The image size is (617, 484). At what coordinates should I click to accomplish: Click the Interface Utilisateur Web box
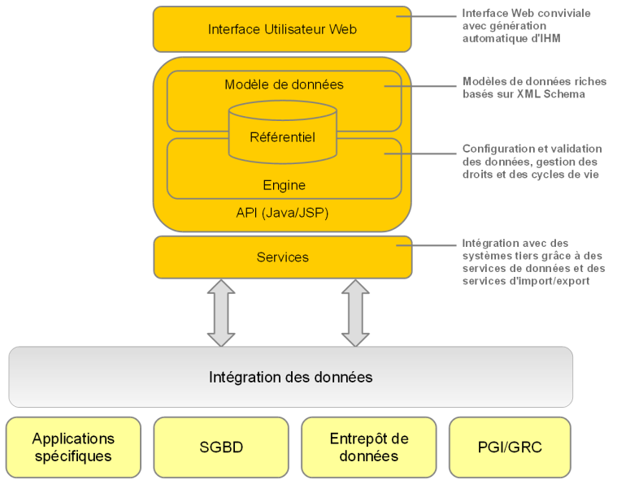[282, 29]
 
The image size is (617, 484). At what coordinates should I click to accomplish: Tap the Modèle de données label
[284, 84]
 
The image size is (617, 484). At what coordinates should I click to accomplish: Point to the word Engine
[284, 185]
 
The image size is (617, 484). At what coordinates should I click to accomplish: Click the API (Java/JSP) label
[282, 213]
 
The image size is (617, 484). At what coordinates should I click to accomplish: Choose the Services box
[282, 257]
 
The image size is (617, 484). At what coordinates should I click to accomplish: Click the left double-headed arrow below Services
[221, 313]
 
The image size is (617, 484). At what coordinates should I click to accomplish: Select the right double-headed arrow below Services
[355, 313]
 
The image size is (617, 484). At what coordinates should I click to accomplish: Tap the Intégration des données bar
[290, 377]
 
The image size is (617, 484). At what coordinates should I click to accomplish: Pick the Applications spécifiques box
[73, 447]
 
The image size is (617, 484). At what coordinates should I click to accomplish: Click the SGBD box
[221, 447]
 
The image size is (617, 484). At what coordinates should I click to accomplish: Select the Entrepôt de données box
[369, 447]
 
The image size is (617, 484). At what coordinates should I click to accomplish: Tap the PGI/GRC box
[510, 447]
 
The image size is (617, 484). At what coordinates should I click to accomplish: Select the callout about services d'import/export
[533, 262]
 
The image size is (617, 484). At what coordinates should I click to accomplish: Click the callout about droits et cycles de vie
[532, 162]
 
